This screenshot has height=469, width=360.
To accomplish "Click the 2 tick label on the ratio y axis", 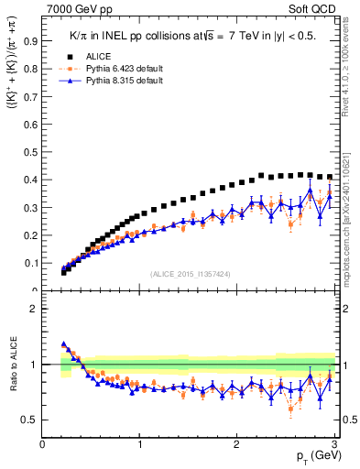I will click(33, 309).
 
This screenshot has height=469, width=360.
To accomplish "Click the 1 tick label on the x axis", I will click(139, 445).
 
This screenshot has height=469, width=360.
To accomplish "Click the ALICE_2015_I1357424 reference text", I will click(190, 275).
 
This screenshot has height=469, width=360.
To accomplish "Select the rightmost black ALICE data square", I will click(330, 177).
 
